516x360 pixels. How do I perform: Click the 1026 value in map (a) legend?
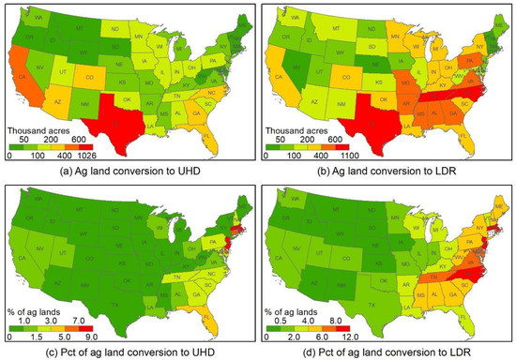[x=100, y=156]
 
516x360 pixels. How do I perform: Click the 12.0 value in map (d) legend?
[x=356, y=334]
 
